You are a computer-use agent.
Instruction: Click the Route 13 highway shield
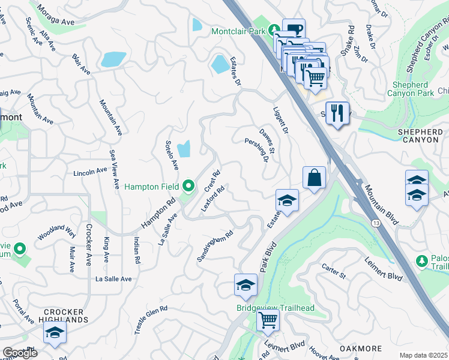375,223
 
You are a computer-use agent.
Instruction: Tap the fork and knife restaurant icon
337,112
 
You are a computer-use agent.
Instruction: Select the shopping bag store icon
314,178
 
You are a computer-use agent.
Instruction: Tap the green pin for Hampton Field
188,187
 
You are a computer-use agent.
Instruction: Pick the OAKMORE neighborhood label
361,348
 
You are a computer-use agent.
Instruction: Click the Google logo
20,352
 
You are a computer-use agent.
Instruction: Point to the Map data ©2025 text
423,355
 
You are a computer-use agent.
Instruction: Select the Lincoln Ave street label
89,172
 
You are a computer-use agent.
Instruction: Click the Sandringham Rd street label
214,247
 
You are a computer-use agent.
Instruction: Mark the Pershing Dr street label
256,150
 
